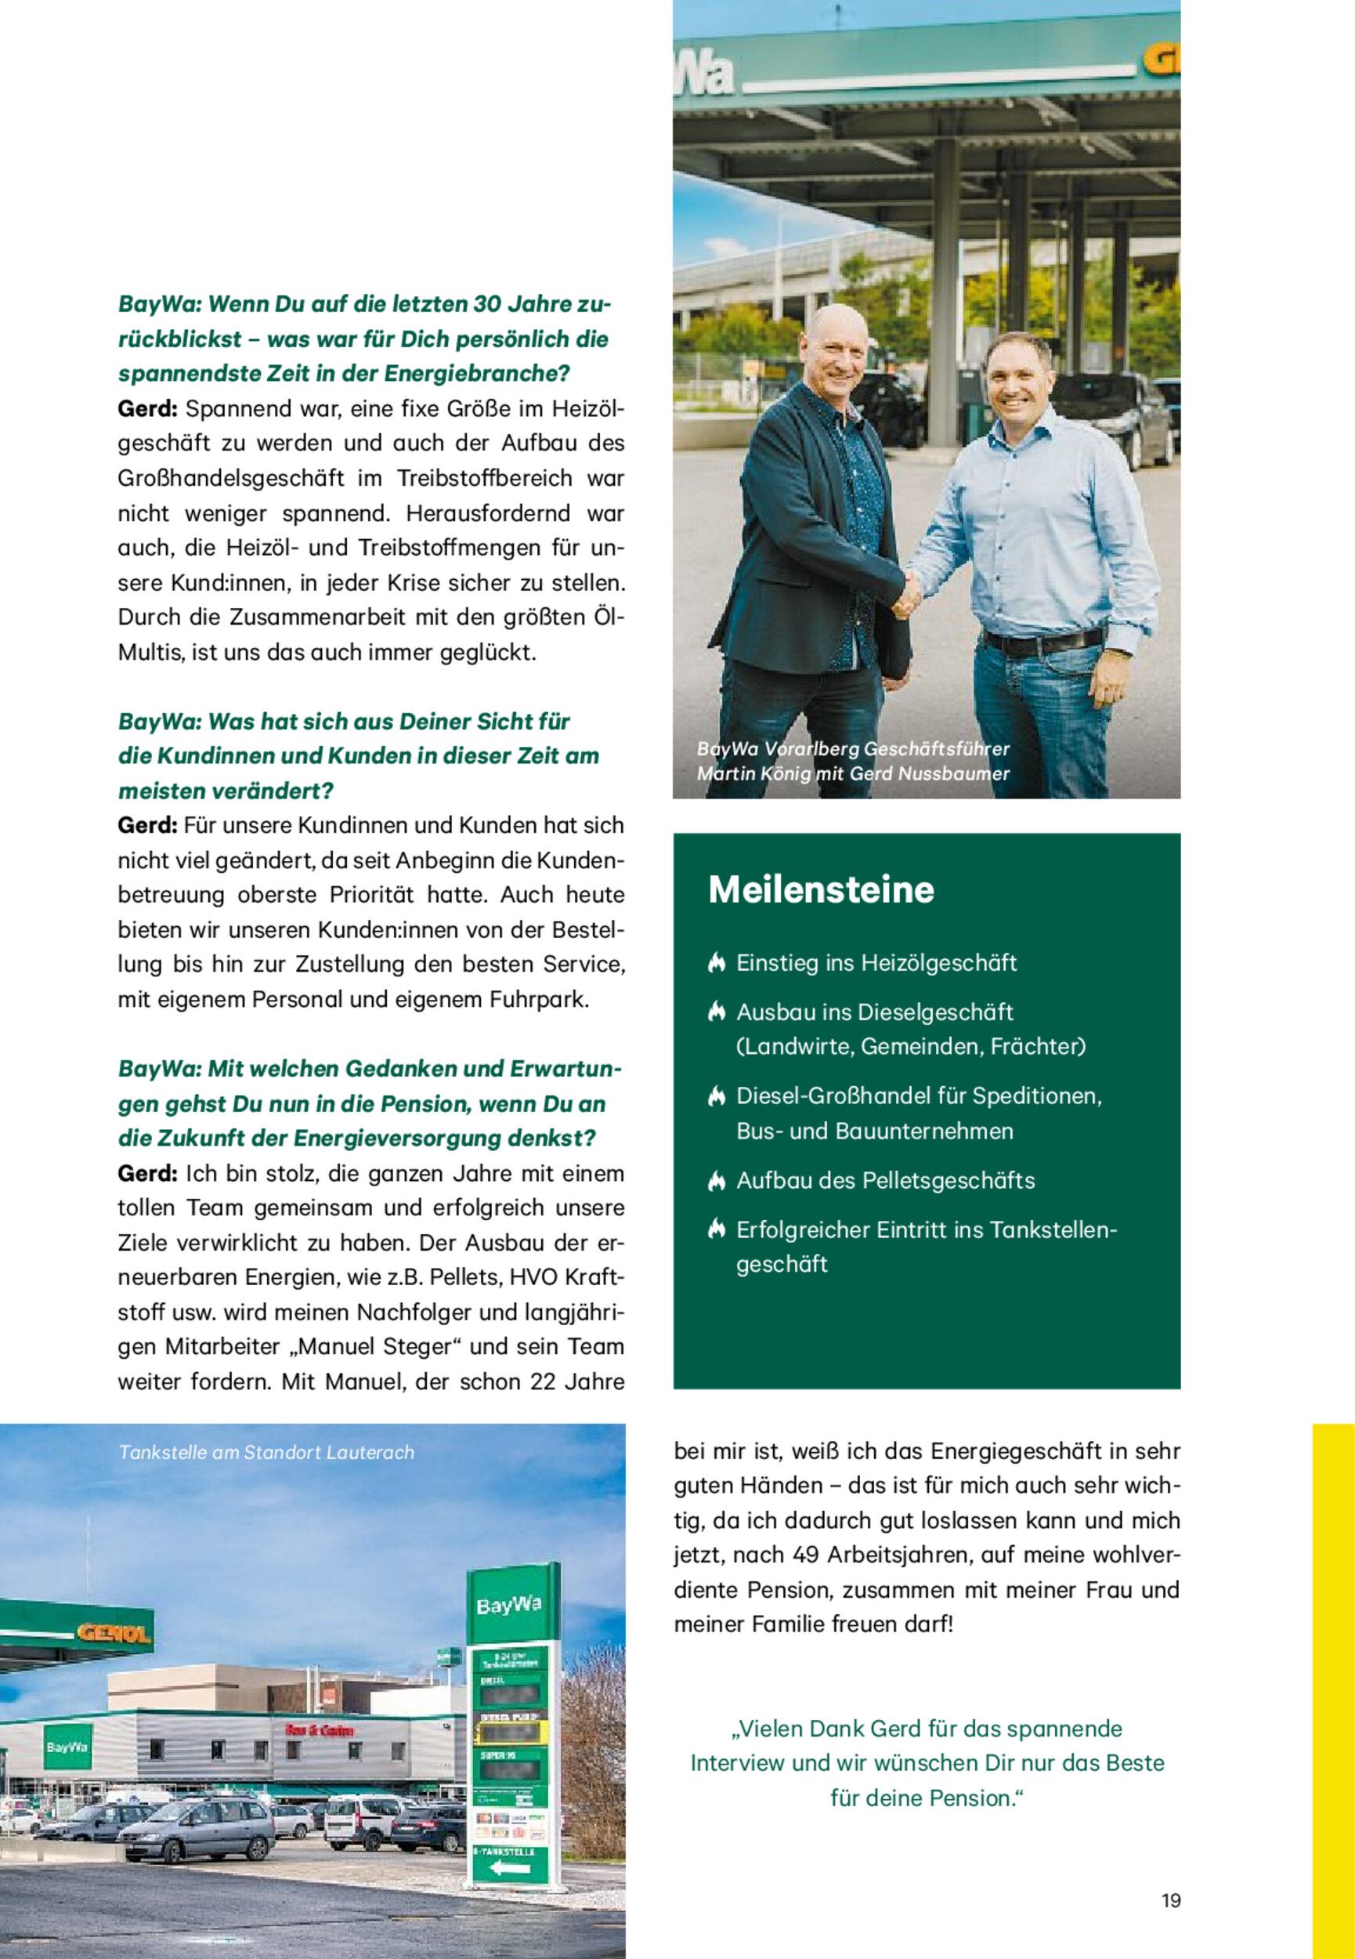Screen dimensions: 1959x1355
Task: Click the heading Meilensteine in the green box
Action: [820, 889]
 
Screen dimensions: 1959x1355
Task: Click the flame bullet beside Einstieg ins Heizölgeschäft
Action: [716, 963]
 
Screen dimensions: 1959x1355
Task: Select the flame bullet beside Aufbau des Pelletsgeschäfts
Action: [716, 1180]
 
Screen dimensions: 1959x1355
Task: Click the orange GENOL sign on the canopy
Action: [114, 1633]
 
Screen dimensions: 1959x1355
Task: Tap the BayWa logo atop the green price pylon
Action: [508, 1605]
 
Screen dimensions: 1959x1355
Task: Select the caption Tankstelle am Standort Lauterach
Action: [266, 1452]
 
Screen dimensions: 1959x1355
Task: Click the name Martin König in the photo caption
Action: [746, 773]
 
